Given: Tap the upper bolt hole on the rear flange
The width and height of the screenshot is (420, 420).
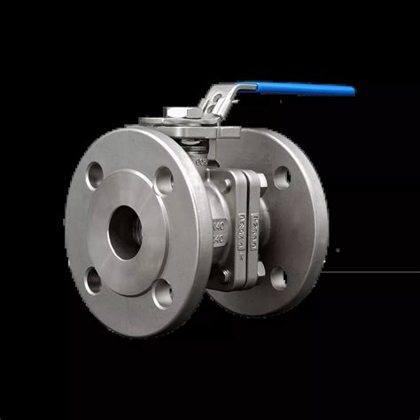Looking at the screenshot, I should [x=282, y=177].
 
